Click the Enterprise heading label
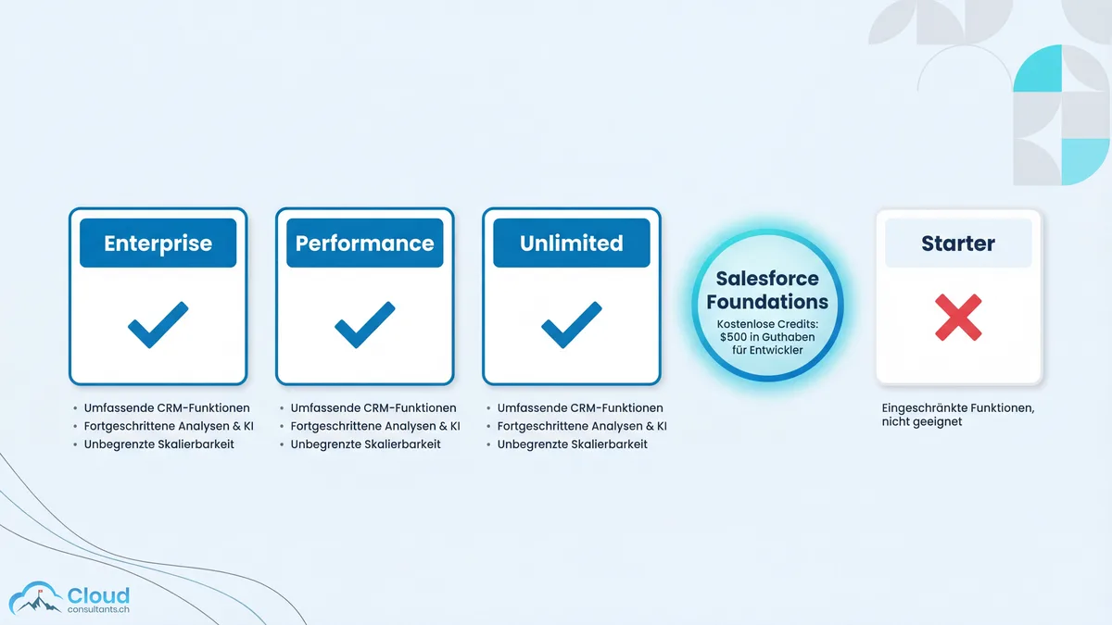[158, 244]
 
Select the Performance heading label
[364, 244]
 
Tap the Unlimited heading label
[571, 244]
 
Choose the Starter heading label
[958, 244]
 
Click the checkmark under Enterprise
[158, 325]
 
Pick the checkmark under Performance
[364, 325]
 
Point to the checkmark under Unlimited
[571, 325]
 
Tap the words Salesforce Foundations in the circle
[767, 291]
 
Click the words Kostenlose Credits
[767, 323]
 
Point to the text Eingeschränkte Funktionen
[957, 406]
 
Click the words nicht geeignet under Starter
[922, 422]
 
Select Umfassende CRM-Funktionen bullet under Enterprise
[167, 407]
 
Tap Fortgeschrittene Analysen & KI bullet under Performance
[375, 426]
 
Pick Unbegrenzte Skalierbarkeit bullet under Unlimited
[572, 444]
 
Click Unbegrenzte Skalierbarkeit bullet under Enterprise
[158, 444]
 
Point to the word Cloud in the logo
[98, 595]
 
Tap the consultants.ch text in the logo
[98, 610]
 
